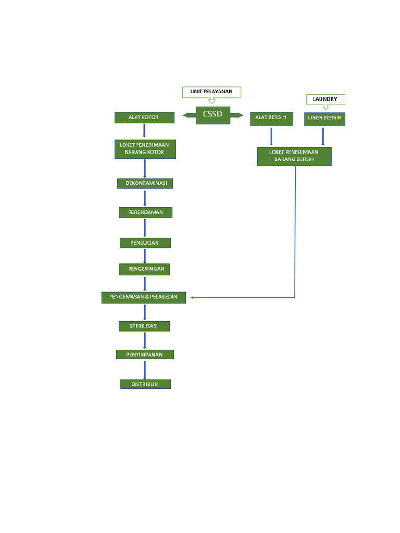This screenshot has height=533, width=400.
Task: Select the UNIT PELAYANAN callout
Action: [x=211, y=92]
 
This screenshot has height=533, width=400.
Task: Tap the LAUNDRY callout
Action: [x=325, y=99]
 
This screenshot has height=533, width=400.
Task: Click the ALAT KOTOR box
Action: [x=144, y=118]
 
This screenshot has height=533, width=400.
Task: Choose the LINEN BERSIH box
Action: [x=324, y=119]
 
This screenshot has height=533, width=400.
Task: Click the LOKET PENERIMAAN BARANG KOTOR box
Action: [x=145, y=149]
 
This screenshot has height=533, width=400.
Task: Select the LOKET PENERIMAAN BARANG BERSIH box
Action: [x=294, y=156]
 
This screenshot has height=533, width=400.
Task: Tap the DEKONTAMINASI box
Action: [x=145, y=183]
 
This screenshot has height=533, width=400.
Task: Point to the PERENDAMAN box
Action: [x=145, y=212]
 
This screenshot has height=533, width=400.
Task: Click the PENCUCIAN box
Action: [x=145, y=243]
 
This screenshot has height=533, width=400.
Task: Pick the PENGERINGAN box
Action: [x=145, y=269]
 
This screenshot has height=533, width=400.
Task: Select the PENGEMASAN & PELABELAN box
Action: [x=144, y=297]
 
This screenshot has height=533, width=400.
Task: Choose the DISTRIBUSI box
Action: [x=145, y=384]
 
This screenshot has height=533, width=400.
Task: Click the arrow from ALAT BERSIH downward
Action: [x=271, y=136]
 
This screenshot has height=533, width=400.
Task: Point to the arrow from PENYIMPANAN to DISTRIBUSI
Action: [x=145, y=370]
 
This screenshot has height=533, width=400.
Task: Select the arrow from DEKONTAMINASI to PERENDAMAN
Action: [x=145, y=198]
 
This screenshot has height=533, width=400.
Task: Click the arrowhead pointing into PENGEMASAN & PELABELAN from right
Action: [x=193, y=298]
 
